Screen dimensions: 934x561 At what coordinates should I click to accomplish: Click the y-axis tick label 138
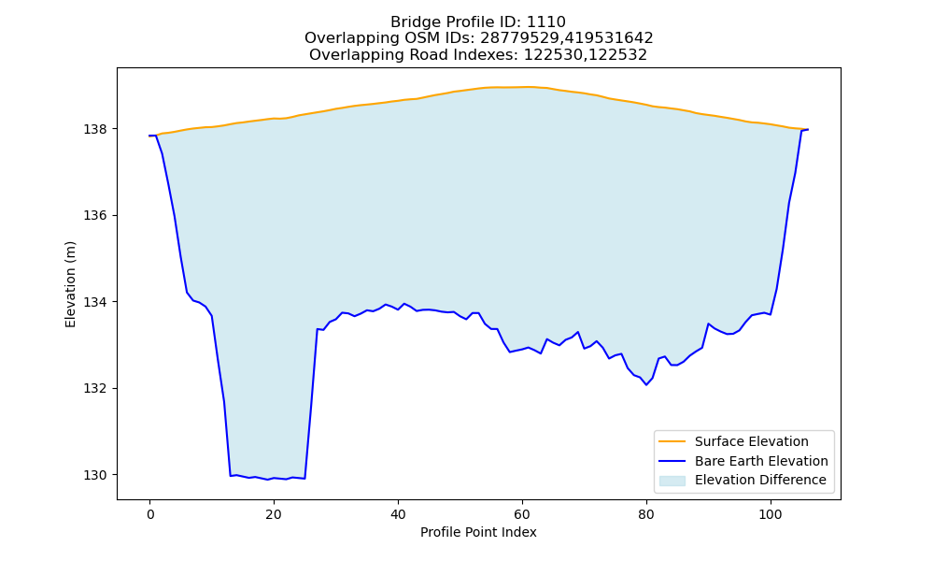[95, 129]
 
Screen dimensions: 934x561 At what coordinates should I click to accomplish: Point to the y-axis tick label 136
[95, 216]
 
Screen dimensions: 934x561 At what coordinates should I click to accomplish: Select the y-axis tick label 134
[95, 302]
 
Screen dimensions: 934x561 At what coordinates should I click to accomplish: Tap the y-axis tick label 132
[95, 389]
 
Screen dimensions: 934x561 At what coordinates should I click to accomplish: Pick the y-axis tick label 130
[95, 475]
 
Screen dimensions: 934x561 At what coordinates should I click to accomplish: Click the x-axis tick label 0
[149, 514]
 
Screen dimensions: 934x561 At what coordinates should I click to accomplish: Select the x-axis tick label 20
[274, 514]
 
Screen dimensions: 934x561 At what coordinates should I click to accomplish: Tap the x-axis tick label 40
[398, 514]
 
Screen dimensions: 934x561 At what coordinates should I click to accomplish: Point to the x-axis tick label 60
[522, 514]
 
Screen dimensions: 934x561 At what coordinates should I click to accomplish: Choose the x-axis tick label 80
[646, 514]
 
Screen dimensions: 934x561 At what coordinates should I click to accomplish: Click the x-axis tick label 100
[771, 514]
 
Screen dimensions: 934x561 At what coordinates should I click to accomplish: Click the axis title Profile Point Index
[478, 532]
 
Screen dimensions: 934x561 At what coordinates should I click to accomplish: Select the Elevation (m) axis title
[70, 284]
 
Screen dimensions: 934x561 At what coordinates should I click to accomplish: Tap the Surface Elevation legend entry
[752, 441]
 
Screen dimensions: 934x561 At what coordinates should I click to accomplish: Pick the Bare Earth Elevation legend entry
[761, 461]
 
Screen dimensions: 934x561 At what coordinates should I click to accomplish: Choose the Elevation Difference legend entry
[760, 480]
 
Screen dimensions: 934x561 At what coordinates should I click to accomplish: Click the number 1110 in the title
[546, 22]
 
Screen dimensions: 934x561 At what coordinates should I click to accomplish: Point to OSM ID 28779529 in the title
[517, 38]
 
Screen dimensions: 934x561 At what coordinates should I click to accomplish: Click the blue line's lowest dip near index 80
[646, 384]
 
